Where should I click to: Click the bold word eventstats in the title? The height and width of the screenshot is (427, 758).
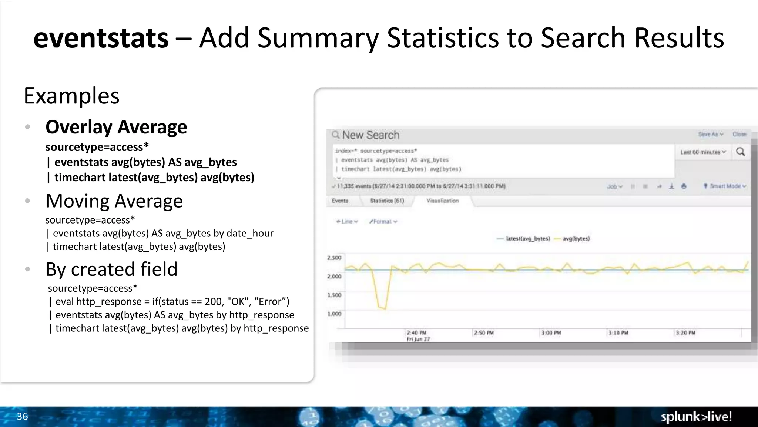point(101,38)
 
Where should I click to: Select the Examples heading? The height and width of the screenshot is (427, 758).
point(71,96)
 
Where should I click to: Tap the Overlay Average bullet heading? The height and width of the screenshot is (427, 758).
point(116,127)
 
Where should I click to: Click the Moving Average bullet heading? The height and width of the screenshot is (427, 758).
point(114,201)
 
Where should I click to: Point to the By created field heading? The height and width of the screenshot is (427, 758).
point(111,269)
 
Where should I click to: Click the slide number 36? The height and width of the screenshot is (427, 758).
point(22,416)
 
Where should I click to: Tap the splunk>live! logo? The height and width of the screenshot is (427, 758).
point(696,417)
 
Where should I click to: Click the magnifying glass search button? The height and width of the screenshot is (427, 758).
point(741,152)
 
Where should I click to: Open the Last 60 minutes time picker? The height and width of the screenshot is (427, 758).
point(703,152)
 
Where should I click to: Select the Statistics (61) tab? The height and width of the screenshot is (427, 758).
point(387,201)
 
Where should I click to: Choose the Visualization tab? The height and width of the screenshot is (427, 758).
point(442,201)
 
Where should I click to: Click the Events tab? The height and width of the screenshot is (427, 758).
point(340,201)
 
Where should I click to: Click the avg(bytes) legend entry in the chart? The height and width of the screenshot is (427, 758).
point(576,239)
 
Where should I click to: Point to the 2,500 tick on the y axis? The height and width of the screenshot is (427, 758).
point(334,258)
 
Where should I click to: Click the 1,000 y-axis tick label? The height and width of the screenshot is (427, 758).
point(334,314)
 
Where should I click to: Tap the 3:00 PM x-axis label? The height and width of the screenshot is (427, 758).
point(551,333)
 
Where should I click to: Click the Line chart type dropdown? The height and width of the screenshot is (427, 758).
point(347,221)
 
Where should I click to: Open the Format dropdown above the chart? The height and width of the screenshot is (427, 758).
point(383,221)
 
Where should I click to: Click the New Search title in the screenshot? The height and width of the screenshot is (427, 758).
point(370,135)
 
